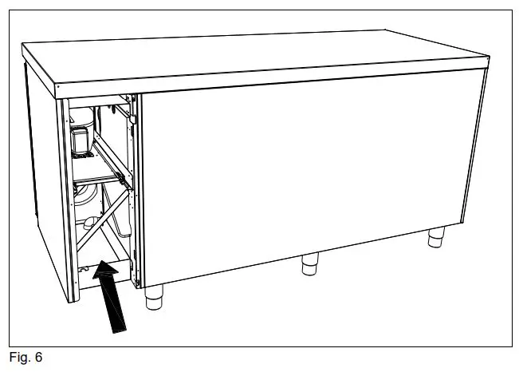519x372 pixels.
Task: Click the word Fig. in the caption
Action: click(19, 358)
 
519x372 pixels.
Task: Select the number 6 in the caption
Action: click(37, 358)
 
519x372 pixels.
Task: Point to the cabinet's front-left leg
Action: click(155, 297)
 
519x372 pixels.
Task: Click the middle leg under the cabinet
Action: click(311, 264)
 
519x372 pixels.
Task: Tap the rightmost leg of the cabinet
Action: click(435, 236)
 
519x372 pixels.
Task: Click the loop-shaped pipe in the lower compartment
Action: click(89, 221)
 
